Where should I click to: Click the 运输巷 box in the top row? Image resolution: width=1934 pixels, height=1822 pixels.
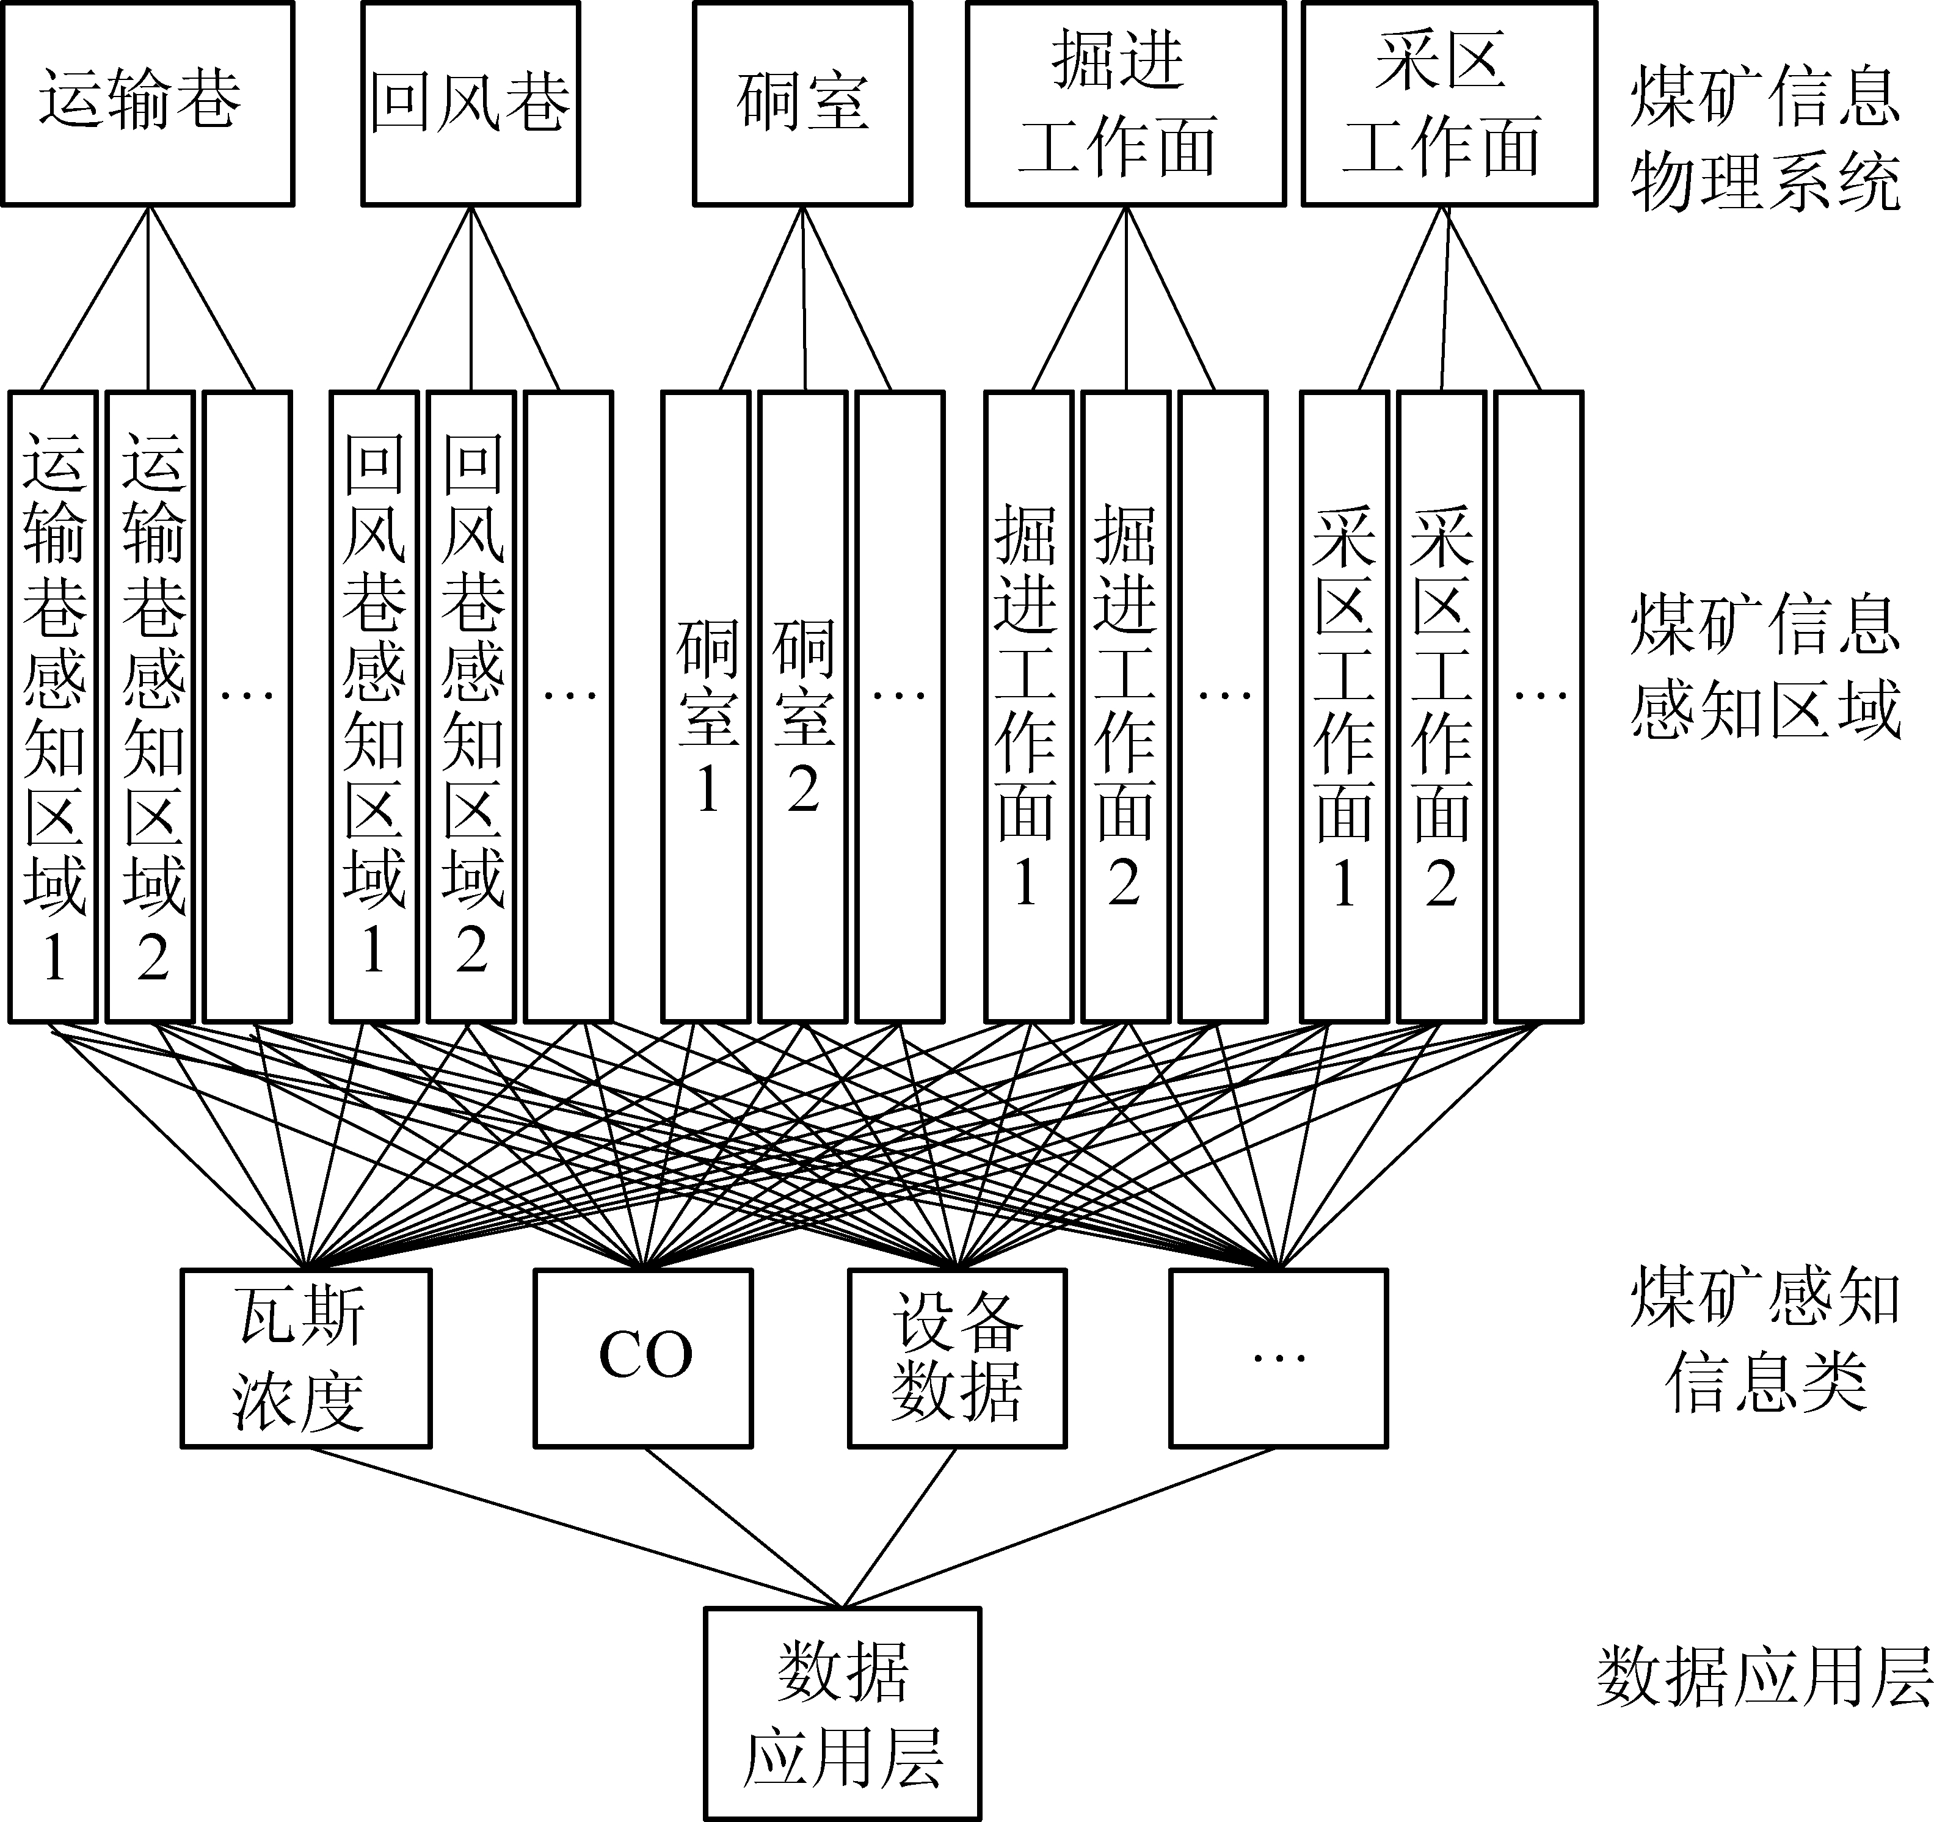point(147,103)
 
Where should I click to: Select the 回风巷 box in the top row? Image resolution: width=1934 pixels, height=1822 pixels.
point(471,103)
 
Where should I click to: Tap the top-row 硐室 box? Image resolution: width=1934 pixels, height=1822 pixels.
point(802,103)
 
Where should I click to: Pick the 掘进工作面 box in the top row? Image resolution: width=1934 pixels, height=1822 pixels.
point(1125,103)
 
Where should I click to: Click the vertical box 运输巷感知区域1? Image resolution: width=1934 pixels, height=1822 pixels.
point(54,706)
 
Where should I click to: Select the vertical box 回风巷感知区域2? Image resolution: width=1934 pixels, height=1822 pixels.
point(472,706)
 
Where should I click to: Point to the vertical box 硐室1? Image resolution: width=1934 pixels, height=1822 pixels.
point(707,706)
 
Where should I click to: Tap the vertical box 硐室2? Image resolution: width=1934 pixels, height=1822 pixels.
point(802,706)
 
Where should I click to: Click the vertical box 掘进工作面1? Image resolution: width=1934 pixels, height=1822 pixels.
point(1028,706)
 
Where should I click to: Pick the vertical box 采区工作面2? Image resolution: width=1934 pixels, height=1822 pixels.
point(1442,706)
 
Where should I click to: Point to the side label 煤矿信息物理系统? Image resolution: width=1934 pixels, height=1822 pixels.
point(1765,139)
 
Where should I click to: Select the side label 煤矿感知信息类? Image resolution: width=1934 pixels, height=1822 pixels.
point(1765,1340)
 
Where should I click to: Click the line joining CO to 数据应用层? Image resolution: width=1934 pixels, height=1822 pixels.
point(744,1526)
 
